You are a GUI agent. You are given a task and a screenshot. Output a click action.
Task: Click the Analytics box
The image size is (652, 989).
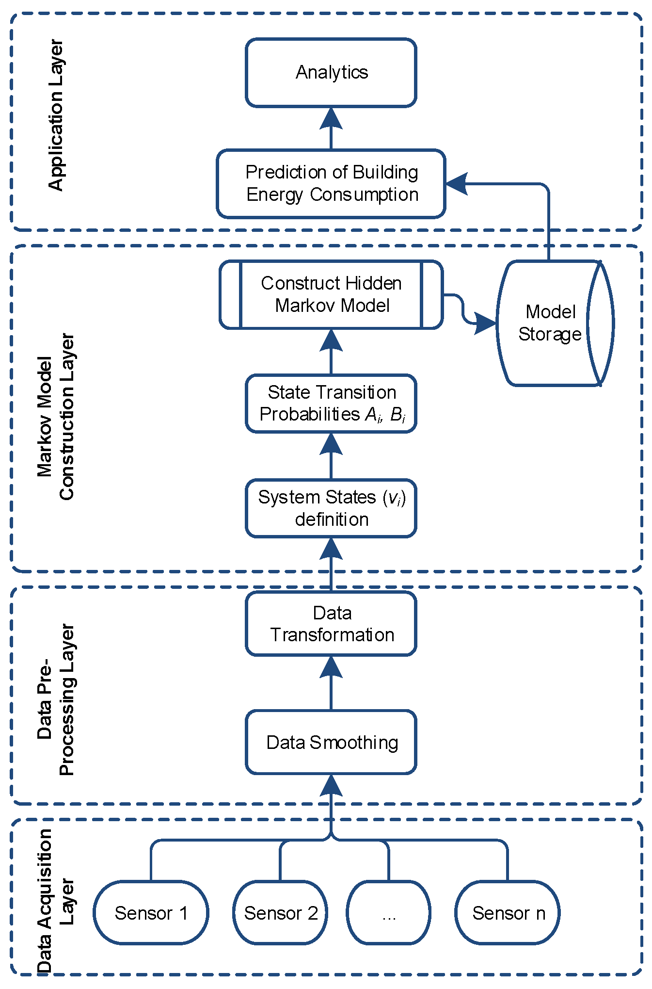pyautogui.click(x=331, y=73)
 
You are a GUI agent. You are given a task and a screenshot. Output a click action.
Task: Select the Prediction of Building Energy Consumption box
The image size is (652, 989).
pyautogui.click(x=331, y=183)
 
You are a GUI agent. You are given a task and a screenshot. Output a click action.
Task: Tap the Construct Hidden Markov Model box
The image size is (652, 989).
pyautogui.click(x=331, y=294)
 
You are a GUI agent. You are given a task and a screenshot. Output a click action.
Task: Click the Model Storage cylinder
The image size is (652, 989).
pyautogui.click(x=550, y=323)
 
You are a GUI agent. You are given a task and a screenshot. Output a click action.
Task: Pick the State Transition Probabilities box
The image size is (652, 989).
pyautogui.click(x=331, y=403)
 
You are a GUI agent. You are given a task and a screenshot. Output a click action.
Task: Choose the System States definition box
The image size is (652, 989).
pyautogui.click(x=331, y=508)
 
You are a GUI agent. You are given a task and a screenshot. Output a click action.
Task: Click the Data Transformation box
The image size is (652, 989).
pyautogui.click(x=331, y=624)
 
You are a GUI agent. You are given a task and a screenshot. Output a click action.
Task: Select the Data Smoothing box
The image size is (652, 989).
pyautogui.click(x=331, y=742)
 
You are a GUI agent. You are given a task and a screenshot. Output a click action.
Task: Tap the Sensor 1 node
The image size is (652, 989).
pyautogui.click(x=151, y=913)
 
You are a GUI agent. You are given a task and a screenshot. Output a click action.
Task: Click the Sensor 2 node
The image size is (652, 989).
pyautogui.click(x=281, y=913)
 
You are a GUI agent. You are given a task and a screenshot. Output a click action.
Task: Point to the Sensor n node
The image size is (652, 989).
pyautogui.click(x=508, y=913)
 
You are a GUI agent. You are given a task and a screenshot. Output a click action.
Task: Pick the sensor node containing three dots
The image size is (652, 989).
pyautogui.click(x=388, y=913)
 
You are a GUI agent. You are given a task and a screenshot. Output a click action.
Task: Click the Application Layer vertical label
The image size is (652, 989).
pyautogui.click(x=56, y=115)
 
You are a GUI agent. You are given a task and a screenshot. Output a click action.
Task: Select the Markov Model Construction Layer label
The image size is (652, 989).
pyautogui.click(x=55, y=416)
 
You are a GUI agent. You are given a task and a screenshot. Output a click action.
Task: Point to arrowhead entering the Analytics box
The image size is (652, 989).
pyautogui.click(x=331, y=119)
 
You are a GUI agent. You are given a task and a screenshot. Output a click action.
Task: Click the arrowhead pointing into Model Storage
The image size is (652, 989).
pyautogui.click(x=485, y=323)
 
